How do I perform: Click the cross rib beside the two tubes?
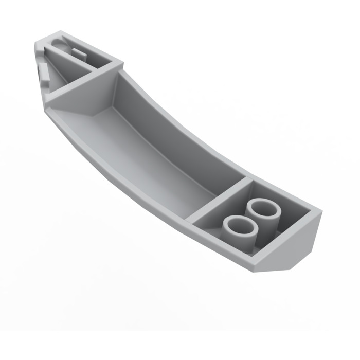pos(219,201)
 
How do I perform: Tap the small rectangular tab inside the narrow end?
pos(78,52)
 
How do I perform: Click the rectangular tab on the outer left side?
pos(44,75)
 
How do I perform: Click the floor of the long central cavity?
pos(154,154)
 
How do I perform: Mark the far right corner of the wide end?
pos(320,211)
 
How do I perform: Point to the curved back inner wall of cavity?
pos(175,129)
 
